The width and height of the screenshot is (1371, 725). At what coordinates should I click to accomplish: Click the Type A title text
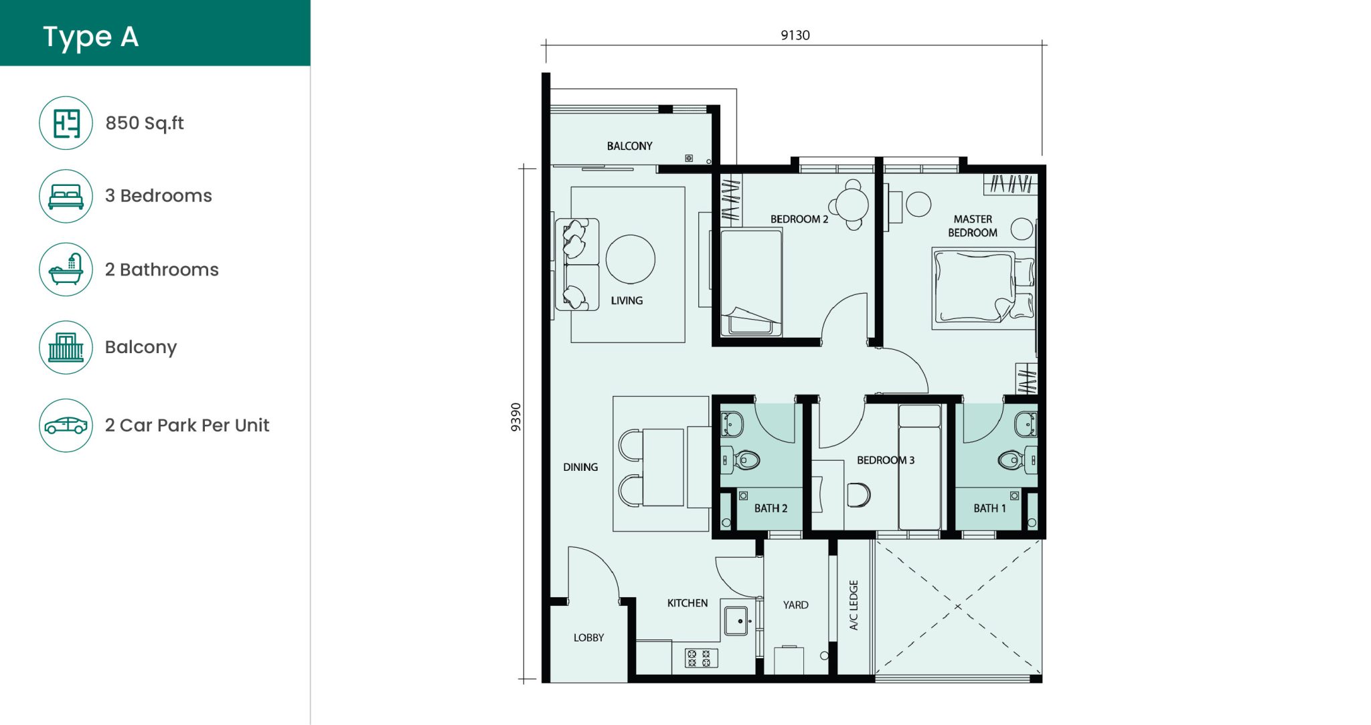[x=90, y=37]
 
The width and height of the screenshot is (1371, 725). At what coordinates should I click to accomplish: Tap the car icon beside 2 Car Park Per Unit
[x=66, y=425]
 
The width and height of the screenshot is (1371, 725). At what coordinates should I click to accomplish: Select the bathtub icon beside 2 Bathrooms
[x=66, y=270]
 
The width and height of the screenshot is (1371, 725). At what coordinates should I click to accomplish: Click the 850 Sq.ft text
[x=145, y=123]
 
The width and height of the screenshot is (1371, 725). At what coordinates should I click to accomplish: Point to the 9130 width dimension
[x=795, y=35]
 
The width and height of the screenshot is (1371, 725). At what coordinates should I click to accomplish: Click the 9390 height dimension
[x=515, y=417]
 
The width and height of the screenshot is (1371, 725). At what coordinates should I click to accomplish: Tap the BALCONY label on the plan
[x=629, y=146]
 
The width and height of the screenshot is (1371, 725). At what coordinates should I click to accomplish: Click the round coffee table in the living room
[x=630, y=260]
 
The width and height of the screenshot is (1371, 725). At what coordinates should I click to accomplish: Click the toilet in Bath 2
[x=745, y=460]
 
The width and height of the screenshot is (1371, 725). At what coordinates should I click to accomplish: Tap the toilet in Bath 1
[x=1012, y=460]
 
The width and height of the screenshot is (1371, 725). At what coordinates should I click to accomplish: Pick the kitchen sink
[x=736, y=621]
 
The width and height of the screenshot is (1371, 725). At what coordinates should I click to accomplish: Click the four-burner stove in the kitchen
[x=700, y=658]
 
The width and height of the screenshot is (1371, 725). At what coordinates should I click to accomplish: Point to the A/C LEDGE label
[x=854, y=605]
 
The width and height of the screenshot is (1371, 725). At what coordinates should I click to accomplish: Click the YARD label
[x=795, y=605]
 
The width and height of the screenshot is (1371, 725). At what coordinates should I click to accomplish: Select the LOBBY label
[x=588, y=637]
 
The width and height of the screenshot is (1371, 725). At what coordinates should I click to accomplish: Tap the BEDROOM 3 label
[x=885, y=460]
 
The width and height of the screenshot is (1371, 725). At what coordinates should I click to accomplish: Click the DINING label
[x=580, y=467]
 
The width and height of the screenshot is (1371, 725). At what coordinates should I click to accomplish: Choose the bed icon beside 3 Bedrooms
[x=66, y=196]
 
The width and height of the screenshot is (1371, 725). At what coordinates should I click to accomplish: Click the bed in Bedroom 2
[x=751, y=281]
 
